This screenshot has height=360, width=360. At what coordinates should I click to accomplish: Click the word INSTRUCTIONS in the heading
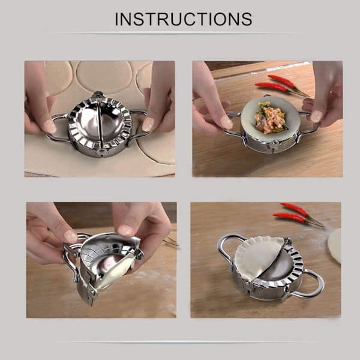[184, 19]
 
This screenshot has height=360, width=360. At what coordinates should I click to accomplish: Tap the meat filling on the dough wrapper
[269, 118]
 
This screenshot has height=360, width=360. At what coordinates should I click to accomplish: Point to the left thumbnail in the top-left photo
[50, 126]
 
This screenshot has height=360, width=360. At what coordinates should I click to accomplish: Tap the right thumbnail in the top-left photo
[148, 124]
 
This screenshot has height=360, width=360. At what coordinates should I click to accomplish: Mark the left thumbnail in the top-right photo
[226, 122]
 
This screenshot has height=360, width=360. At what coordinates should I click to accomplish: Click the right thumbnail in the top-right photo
[316, 116]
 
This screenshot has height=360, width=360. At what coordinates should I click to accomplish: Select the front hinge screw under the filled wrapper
[274, 144]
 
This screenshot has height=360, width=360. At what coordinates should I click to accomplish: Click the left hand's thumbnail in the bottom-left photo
[70, 236]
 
